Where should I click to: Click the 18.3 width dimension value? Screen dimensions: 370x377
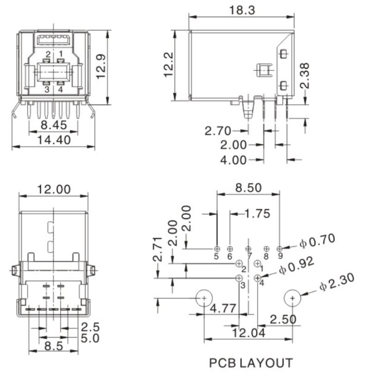(x=242, y=10)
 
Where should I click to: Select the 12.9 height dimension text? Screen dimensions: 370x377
(x=101, y=67)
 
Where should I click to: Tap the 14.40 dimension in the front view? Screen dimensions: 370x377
(x=54, y=140)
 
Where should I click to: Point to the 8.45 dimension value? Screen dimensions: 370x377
(x=54, y=125)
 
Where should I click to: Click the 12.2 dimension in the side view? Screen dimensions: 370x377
(x=168, y=65)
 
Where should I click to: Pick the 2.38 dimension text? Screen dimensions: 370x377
(x=304, y=76)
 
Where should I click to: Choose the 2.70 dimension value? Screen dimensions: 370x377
(x=218, y=131)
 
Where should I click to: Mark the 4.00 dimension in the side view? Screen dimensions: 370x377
(x=233, y=160)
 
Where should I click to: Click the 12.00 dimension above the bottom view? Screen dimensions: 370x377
(x=54, y=190)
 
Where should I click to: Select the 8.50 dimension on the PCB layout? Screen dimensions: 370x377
(x=248, y=188)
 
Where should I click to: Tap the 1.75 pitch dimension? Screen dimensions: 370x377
(x=257, y=214)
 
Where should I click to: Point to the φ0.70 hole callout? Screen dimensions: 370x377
(x=317, y=241)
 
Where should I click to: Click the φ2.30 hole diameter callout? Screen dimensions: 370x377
(x=337, y=282)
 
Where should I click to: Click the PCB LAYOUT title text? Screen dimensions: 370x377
(x=251, y=363)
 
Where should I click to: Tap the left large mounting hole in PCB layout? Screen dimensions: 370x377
(x=204, y=298)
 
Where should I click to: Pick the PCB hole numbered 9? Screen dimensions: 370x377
(x=279, y=248)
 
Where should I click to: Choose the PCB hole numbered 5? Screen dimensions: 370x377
(x=217, y=248)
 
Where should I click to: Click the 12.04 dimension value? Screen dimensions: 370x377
(x=249, y=333)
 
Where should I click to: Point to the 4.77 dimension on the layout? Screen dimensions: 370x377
(x=223, y=308)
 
